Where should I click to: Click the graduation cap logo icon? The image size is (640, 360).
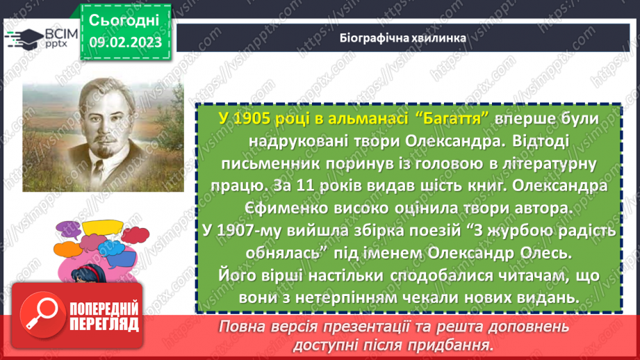(21, 36)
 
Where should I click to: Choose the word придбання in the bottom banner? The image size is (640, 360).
(450, 344)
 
